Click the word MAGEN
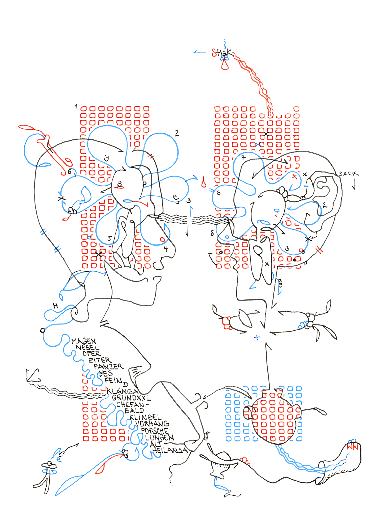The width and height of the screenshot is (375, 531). coord(84,341)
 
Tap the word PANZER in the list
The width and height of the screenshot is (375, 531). coord(109,367)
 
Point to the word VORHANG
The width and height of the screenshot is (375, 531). coord(152,424)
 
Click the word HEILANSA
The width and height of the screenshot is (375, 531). coord(170,450)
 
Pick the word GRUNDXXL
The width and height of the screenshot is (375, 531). coord(131,398)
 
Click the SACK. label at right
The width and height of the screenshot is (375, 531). coord(348,174)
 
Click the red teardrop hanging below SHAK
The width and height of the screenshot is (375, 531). coord(225,65)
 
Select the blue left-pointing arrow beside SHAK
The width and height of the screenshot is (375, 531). coord(199,52)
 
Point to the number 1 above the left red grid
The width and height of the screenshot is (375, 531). coord(76,107)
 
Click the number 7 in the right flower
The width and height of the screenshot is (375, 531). coord(243,158)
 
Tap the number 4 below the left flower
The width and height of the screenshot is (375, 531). coord(166,249)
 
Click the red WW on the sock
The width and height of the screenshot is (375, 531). coord(353,447)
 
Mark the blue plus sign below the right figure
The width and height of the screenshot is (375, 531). coord(257,337)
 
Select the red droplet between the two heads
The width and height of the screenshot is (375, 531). coord(204,183)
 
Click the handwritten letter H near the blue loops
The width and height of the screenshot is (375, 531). coord(55,306)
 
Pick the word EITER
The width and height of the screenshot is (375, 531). coord(100,360)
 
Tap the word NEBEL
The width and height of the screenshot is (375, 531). coord(88,347)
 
